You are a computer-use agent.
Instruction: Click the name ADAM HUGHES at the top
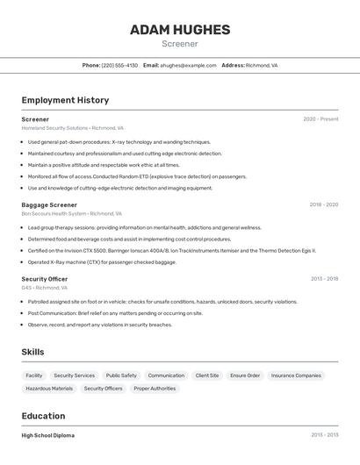tap(180, 30)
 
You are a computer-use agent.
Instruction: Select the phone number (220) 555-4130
tap(119, 65)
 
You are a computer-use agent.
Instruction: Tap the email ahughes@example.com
tap(187, 65)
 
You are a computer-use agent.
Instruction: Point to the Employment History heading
tap(65, 100)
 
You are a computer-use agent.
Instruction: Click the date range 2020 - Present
tap(320, 119)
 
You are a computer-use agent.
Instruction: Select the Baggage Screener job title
tap(49, 204)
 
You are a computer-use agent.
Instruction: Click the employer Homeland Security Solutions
tap(54, 128)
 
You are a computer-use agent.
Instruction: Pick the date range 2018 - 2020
tap(323, 204)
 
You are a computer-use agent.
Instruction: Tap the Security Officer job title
tap(45, 279)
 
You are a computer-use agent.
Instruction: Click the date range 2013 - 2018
tap(324, 279)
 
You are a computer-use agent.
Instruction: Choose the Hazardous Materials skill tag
tap(49, 388)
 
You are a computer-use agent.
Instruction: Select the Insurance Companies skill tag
tap(296, 376)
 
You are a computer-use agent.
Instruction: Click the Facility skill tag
tap(34, 376)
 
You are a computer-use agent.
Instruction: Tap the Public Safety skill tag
tap(121, 376)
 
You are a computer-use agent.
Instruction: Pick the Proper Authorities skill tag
tap(155, 388)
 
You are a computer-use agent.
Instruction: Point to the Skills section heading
tap(33, 352)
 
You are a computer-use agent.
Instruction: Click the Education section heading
tap(43, 416)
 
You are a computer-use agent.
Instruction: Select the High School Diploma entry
tap(48, 435)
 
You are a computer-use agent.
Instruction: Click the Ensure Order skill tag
tap(245, 376)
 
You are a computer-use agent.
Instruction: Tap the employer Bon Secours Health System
tap(54, 213)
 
